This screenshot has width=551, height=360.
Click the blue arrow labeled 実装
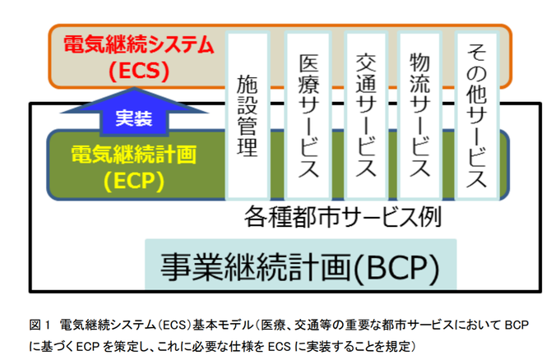tap(134, 113)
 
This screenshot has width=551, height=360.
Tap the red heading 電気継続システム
tap(139, 44)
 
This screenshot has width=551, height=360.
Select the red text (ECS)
tap(139, 71)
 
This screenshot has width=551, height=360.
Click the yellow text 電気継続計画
tap(134, 155)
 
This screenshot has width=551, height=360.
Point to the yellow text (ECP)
tap(134, 181)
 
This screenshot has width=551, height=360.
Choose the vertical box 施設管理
tap(248, 116)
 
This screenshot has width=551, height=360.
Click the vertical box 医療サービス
tap(308, 116)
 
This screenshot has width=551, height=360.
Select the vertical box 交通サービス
tap(366, 116)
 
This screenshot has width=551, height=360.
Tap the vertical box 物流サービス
tap(419, 116)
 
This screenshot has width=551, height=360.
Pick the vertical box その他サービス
tap(476, 116)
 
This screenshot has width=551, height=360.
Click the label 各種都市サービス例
tap(343, 217)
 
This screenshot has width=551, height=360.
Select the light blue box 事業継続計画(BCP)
tap(301, 265)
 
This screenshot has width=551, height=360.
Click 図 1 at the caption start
tap(40, 325)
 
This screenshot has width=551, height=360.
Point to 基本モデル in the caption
tap(222, 325)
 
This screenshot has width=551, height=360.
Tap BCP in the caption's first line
tap(516, 325)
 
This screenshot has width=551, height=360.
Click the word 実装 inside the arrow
tap(134, 118)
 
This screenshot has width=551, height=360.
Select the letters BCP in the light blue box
tap(397, 267)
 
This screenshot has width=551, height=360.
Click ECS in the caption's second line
tap(280, 347)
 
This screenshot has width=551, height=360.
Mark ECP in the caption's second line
tap(88, 347)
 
